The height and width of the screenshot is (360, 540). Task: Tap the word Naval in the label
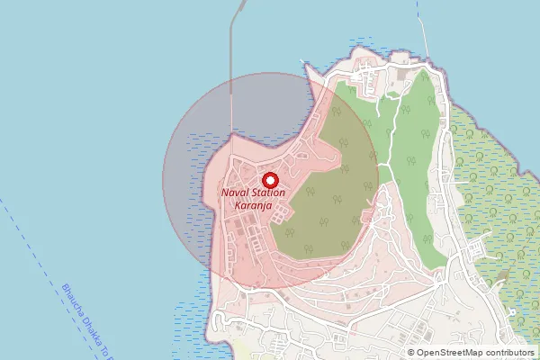coord(239,193)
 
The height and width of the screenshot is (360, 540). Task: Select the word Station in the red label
coord(281,193)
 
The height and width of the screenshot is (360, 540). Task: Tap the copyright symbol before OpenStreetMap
coord(411,353)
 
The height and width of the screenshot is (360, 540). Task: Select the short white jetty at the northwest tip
coord(307,67)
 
